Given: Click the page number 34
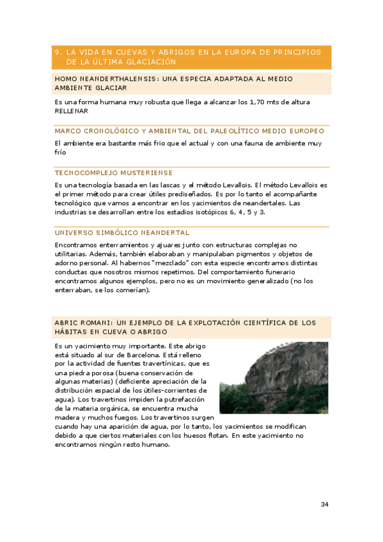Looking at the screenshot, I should pyautogui.click(x=325, y=505).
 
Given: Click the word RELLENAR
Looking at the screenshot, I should pyautogui.click(x=72, y=111).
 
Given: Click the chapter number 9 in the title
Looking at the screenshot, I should pyautogui.click(x=58, y=52).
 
